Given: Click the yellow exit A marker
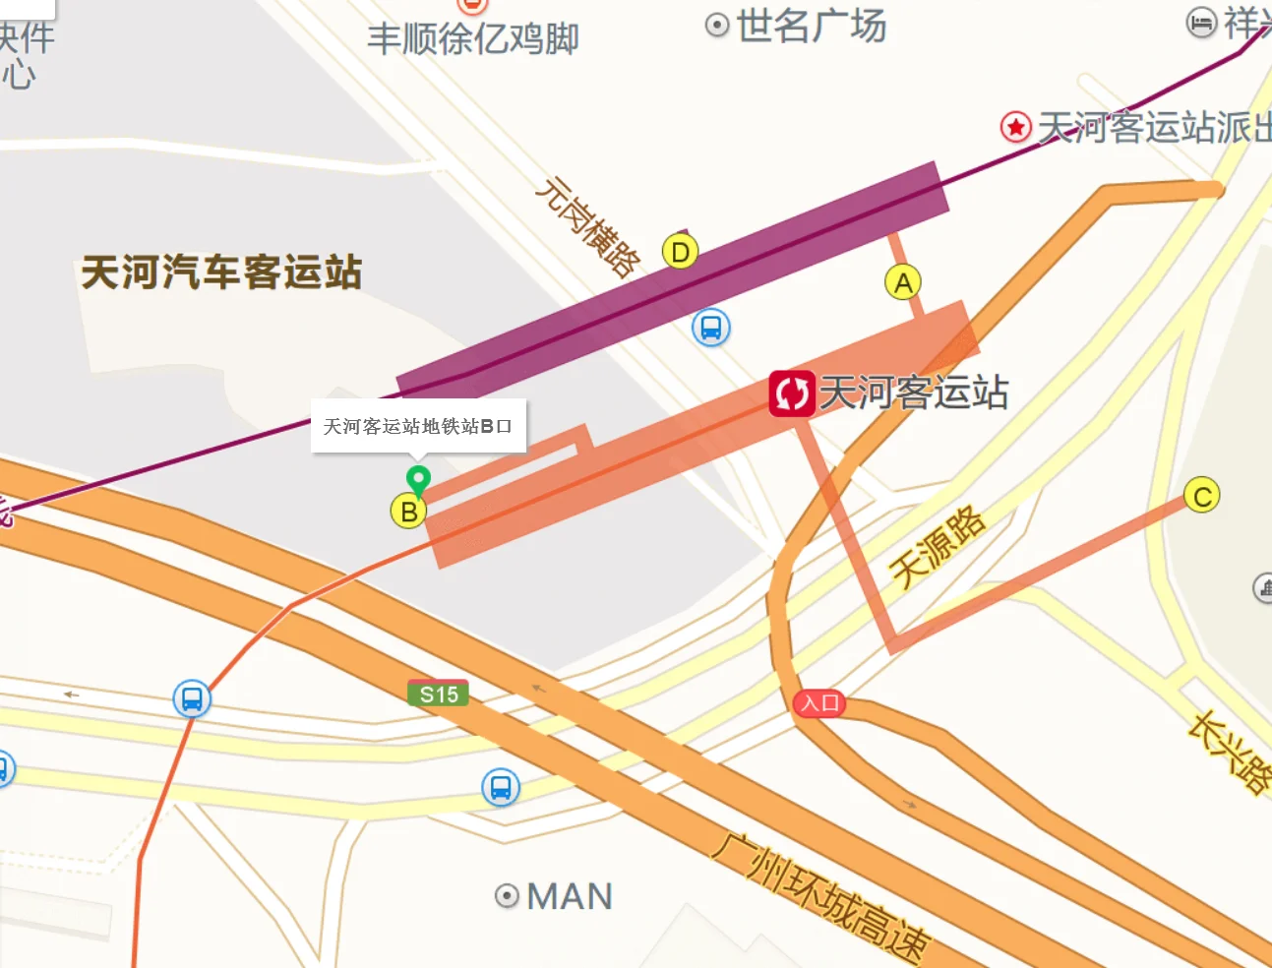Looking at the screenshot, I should coord(903,283).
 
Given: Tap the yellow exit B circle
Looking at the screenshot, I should coord(408,512).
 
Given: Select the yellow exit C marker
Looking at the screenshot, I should coord(1201,496).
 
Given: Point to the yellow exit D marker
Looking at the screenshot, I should coord(680,253).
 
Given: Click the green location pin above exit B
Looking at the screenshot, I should coord(418,479).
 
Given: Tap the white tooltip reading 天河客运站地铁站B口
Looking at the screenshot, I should coord(418,426).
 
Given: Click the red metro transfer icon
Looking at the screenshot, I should coord(791,393).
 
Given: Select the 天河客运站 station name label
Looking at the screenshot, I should coord(914,393).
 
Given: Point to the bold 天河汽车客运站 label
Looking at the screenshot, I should coord(221,272).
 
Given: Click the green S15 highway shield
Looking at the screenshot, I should coord(439,695).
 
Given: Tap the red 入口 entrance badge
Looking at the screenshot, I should coord(819,703).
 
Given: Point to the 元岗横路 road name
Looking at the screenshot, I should coord(587,227).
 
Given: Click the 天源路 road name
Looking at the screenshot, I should coord(938,547).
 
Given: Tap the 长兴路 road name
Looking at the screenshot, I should coord(1231,753).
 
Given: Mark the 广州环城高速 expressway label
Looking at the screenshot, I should coord(820,896).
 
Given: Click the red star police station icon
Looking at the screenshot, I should coord(1015,127).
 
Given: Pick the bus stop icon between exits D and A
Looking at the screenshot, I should coord(710,328).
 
